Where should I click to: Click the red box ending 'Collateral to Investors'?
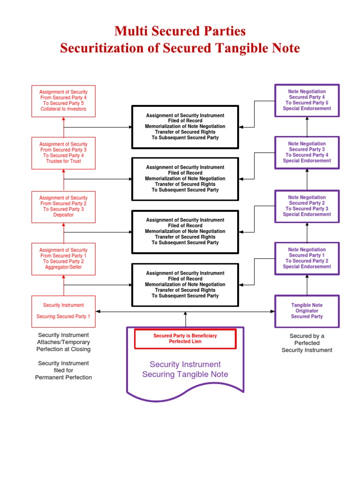pos(63,101)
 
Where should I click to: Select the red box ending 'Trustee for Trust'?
pos(63,153)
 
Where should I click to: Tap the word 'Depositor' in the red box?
pos(63,215)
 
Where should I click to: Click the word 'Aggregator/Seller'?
pos(63,267)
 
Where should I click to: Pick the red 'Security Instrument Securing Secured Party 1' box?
pos(63,311)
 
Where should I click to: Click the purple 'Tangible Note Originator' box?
pos(307,311)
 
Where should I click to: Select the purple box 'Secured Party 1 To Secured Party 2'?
pos(307,258)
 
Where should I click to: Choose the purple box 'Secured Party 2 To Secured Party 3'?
pos(307,206)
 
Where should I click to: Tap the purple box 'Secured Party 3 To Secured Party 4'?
pos(307,152)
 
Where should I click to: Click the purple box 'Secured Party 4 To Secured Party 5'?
pos(307,100)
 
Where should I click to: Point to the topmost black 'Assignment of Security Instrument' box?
pos(185,127)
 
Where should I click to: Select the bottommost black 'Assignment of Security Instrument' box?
pos(185,285)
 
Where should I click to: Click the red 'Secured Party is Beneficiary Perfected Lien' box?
pos(185,339)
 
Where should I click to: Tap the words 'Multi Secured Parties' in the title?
pos(180,31)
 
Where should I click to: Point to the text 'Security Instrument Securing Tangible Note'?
pos(185,369)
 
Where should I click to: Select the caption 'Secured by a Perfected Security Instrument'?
pos(307,343)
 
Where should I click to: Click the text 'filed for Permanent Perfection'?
pos(63,374)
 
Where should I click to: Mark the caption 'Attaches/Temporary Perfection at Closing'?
pos(63,346)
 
